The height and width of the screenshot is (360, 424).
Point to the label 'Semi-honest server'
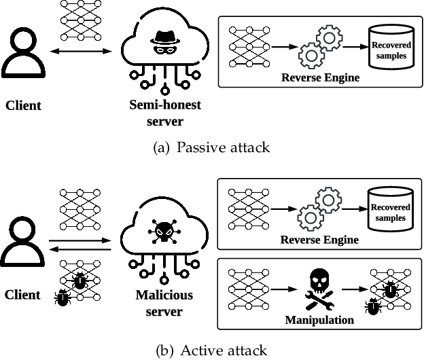pyautogui.click(x=165, y=113)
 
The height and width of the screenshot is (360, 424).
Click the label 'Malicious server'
pyautogui.click(x=165, y=304)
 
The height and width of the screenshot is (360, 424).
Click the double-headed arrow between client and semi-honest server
pyautogui.click(x=82, y=52)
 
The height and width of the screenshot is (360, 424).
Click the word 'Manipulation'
pyautogui.click(x=318, y=319)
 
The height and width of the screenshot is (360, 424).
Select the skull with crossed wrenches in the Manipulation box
pyautogui.click(x=318, y=285)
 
